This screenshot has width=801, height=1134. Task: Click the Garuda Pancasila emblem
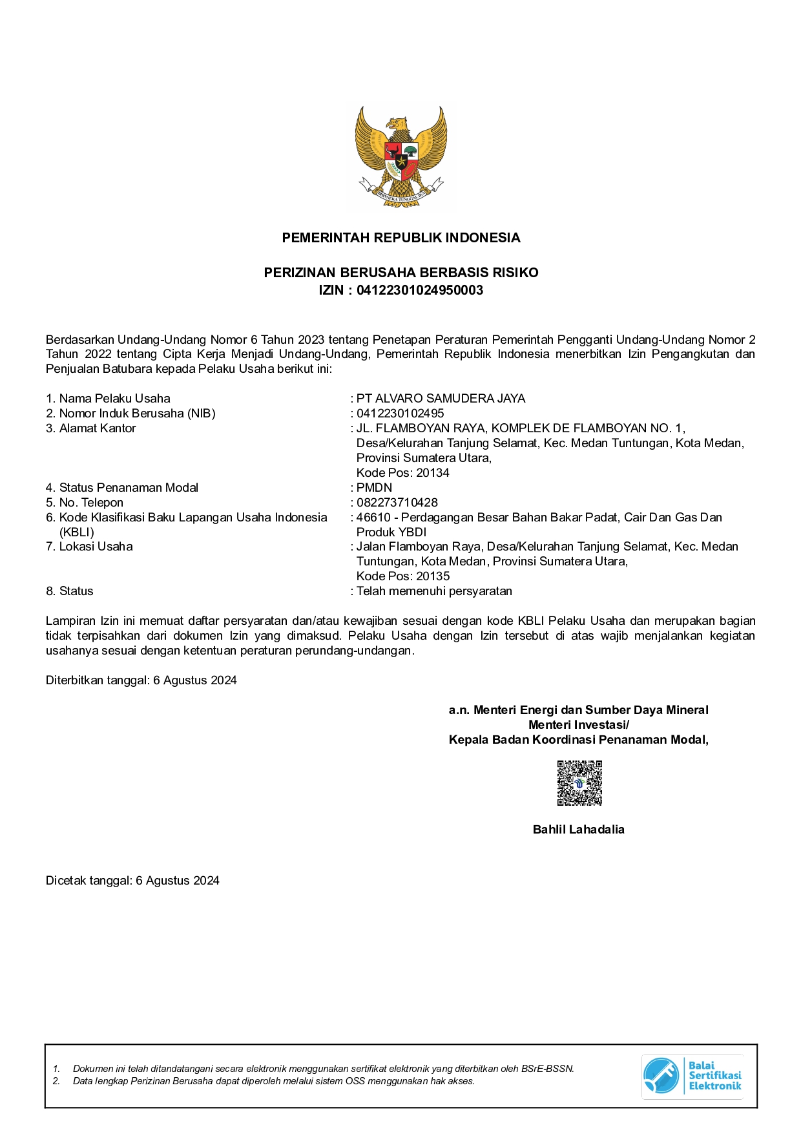pos(400,157)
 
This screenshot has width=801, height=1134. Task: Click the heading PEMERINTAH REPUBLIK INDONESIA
pos(400,238)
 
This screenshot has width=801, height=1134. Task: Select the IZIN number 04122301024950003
pos(420,290)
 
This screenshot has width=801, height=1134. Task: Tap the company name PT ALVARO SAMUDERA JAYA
pos(441,399)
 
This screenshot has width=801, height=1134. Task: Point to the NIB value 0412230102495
pos(400,414)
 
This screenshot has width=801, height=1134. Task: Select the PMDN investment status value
pos(374,488)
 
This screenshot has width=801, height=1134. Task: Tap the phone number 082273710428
pos(397,503)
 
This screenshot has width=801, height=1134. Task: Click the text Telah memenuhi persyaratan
pos(434,591)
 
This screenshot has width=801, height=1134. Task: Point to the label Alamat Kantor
pos(98,428)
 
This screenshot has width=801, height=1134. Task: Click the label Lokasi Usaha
pos(96,547)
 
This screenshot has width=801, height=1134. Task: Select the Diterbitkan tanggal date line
pos(141,680)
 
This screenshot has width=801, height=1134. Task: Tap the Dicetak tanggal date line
pos(132,881)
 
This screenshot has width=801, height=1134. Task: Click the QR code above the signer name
pos(579,783)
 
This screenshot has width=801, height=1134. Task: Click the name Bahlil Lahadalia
pos(578,830)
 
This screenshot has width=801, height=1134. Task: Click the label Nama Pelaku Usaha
pos(114,399)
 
